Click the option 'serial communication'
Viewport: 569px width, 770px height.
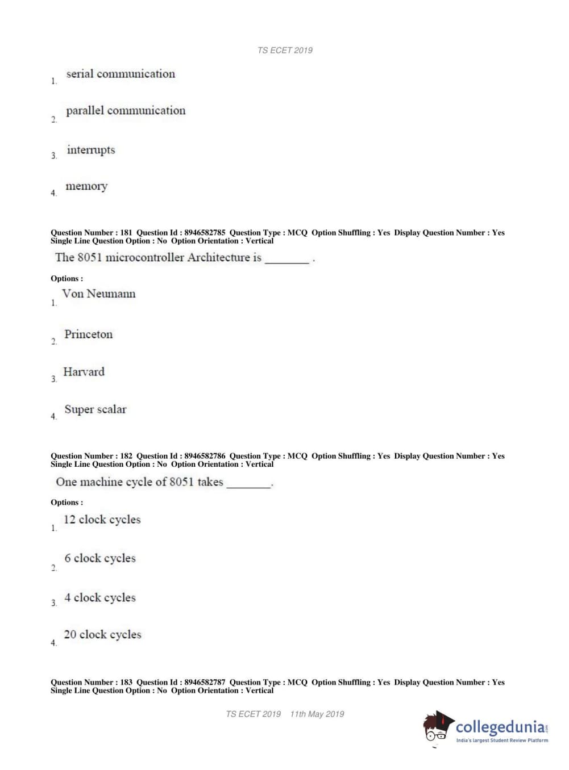pyautogui.click(x=121, y=74)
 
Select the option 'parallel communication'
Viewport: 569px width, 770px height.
pyautogui.click(x=126, y=111)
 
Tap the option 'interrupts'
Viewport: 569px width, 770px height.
pyautogui.click(x=91, y=150)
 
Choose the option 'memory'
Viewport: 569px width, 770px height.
pyautogui.click(x=86, y=186)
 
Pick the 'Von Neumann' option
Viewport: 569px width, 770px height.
pyautogui.click(x=99, y=294)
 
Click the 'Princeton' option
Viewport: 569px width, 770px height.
pyautogui.click(x=89, y=334)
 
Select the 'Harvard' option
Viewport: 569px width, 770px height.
pyautogui.click(x=84, y=372)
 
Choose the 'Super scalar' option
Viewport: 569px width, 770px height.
pyautogui.click(x=95, y=409)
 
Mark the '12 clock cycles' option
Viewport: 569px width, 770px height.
pyautogui.click(x=102, y=520)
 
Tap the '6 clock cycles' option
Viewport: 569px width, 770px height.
pyautogui.click(x=100, y=558)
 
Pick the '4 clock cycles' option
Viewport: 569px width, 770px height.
pyautogui.click(x=100, y=597)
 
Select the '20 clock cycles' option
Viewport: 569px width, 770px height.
pyautogui.click(x=102, y=634)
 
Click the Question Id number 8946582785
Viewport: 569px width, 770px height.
pyautogui.click(x=205, y=233)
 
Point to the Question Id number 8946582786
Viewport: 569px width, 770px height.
pyautogui.click(x=205, y=456)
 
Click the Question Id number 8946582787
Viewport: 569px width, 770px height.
pyautogui.click(x=205, y=683)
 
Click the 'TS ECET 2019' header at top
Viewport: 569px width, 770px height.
pyautogui.click(x=285, y=51)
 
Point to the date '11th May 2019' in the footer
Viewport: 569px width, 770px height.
pyautogui.click(x=317, y=714)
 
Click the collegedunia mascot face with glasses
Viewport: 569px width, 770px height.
pyautogui.click(x=437, y=729)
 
